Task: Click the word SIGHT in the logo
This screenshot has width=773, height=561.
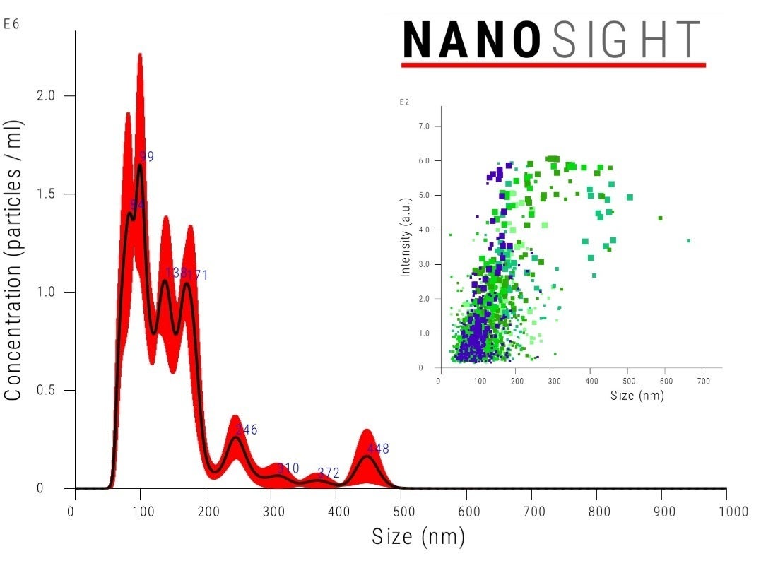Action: click(x=626, y=40)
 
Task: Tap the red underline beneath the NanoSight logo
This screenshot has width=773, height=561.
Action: click(x=553, y=65)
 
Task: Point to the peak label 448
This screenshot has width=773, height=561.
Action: click(x=377, y=449)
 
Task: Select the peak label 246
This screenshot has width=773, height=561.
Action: click(x=246, y=430)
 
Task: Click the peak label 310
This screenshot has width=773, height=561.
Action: click(x=288, y=468)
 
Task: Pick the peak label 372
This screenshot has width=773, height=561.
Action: click(x=329, y=473)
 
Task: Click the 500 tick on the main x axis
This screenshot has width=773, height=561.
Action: click(x=401, y=512)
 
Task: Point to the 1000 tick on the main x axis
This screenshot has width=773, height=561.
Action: click(x=726, y=512)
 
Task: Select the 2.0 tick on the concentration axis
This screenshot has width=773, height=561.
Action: click(x=46, y=95)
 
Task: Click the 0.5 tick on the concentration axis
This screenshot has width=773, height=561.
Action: click(x=46, y=391)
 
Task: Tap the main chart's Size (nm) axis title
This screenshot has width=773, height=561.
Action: click(x=418, y=538)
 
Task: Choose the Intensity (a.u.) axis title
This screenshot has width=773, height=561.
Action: click(x=406, y=237)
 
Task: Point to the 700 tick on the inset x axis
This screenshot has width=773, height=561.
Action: click(x=704, y=381)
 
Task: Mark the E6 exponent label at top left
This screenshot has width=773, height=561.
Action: click(x=11, y=24)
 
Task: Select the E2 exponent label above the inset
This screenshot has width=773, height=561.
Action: click(x=405, y=102)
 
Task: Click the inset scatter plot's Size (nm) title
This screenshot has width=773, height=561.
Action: click(x=637, y=396)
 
